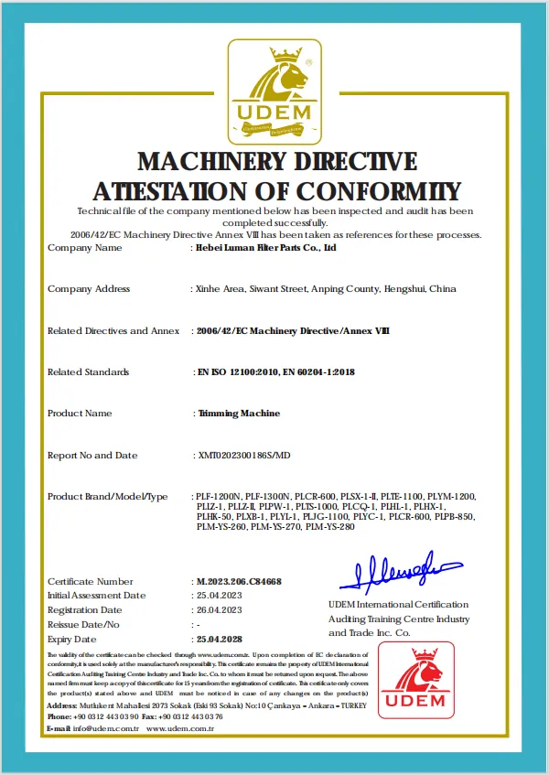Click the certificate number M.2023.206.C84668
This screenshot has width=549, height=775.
(239, 581)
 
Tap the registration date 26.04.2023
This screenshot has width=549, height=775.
(219, 609)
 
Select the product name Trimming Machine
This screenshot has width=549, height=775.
(239, 414)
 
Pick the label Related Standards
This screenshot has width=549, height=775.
(88, 372)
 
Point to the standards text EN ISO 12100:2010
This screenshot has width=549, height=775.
(242, 372)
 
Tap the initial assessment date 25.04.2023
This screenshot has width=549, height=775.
(219, 595)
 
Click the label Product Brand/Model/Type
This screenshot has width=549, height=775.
(107, 496)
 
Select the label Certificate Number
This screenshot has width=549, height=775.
(90, 581)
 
